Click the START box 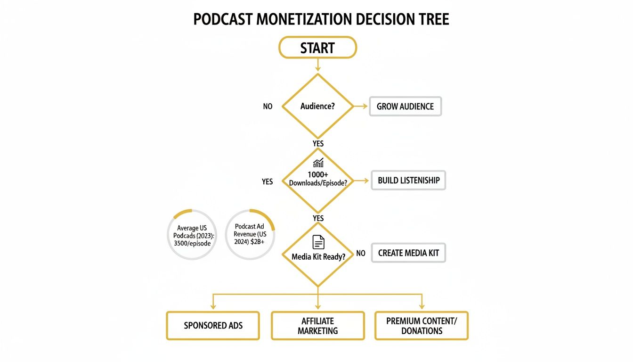click(x=317, y=48)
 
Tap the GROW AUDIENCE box click(x=405, y=107)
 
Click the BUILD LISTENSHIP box click(x=408, y=181)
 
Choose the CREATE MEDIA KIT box click(x=408, y=253)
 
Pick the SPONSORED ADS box click(x=213, y=326)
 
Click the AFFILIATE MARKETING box click(x=318, y=326)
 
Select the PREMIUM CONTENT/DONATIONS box click(x=422, y=326)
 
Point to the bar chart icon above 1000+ click(x=318, y=163)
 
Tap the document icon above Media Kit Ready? click(x=318, y=242)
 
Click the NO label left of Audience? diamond click(x=268, y=107)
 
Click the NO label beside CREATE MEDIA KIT click(x=361, y=253)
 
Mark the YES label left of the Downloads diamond click(x=267, y=181)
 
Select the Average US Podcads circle click(x=192, y=235)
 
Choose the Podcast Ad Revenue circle click(x=250, y=235)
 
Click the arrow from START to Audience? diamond click(x=318, y=65)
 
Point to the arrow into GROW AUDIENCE click(x=361, y=107)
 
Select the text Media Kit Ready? click(x=318, y=257)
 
